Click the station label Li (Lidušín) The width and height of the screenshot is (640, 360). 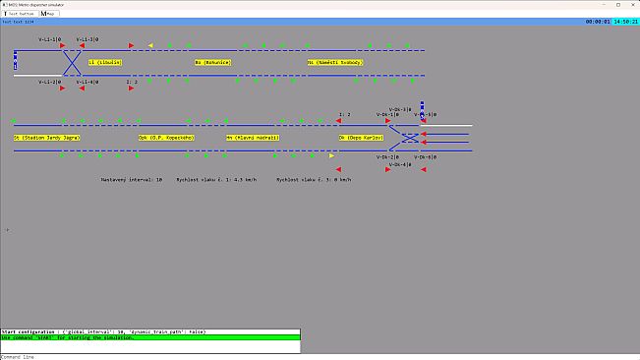[x=104, y=62]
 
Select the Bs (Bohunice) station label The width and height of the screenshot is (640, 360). [x=212, y=62]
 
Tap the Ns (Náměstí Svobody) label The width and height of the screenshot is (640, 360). [x=335, y=62]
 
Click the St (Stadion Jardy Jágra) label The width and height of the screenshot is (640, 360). [x=47, y=138]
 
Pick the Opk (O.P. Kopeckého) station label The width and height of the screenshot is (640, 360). [x=166, y=138]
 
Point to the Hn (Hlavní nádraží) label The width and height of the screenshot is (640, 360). [x=253, y=138]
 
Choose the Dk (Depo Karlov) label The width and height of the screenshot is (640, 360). [x=361, y=138]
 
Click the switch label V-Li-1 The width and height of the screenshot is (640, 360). [x=49, y=39]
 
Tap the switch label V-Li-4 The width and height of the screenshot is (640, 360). [x=87, y=82]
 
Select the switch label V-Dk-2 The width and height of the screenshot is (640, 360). [x=387, y=157]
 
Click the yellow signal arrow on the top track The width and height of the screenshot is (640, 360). [x=150, y=44]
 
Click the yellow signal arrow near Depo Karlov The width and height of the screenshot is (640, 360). [x=331, y=155]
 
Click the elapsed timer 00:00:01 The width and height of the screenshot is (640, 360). [x=598, y=21]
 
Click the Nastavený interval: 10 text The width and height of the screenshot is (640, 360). [x=131, y=180]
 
